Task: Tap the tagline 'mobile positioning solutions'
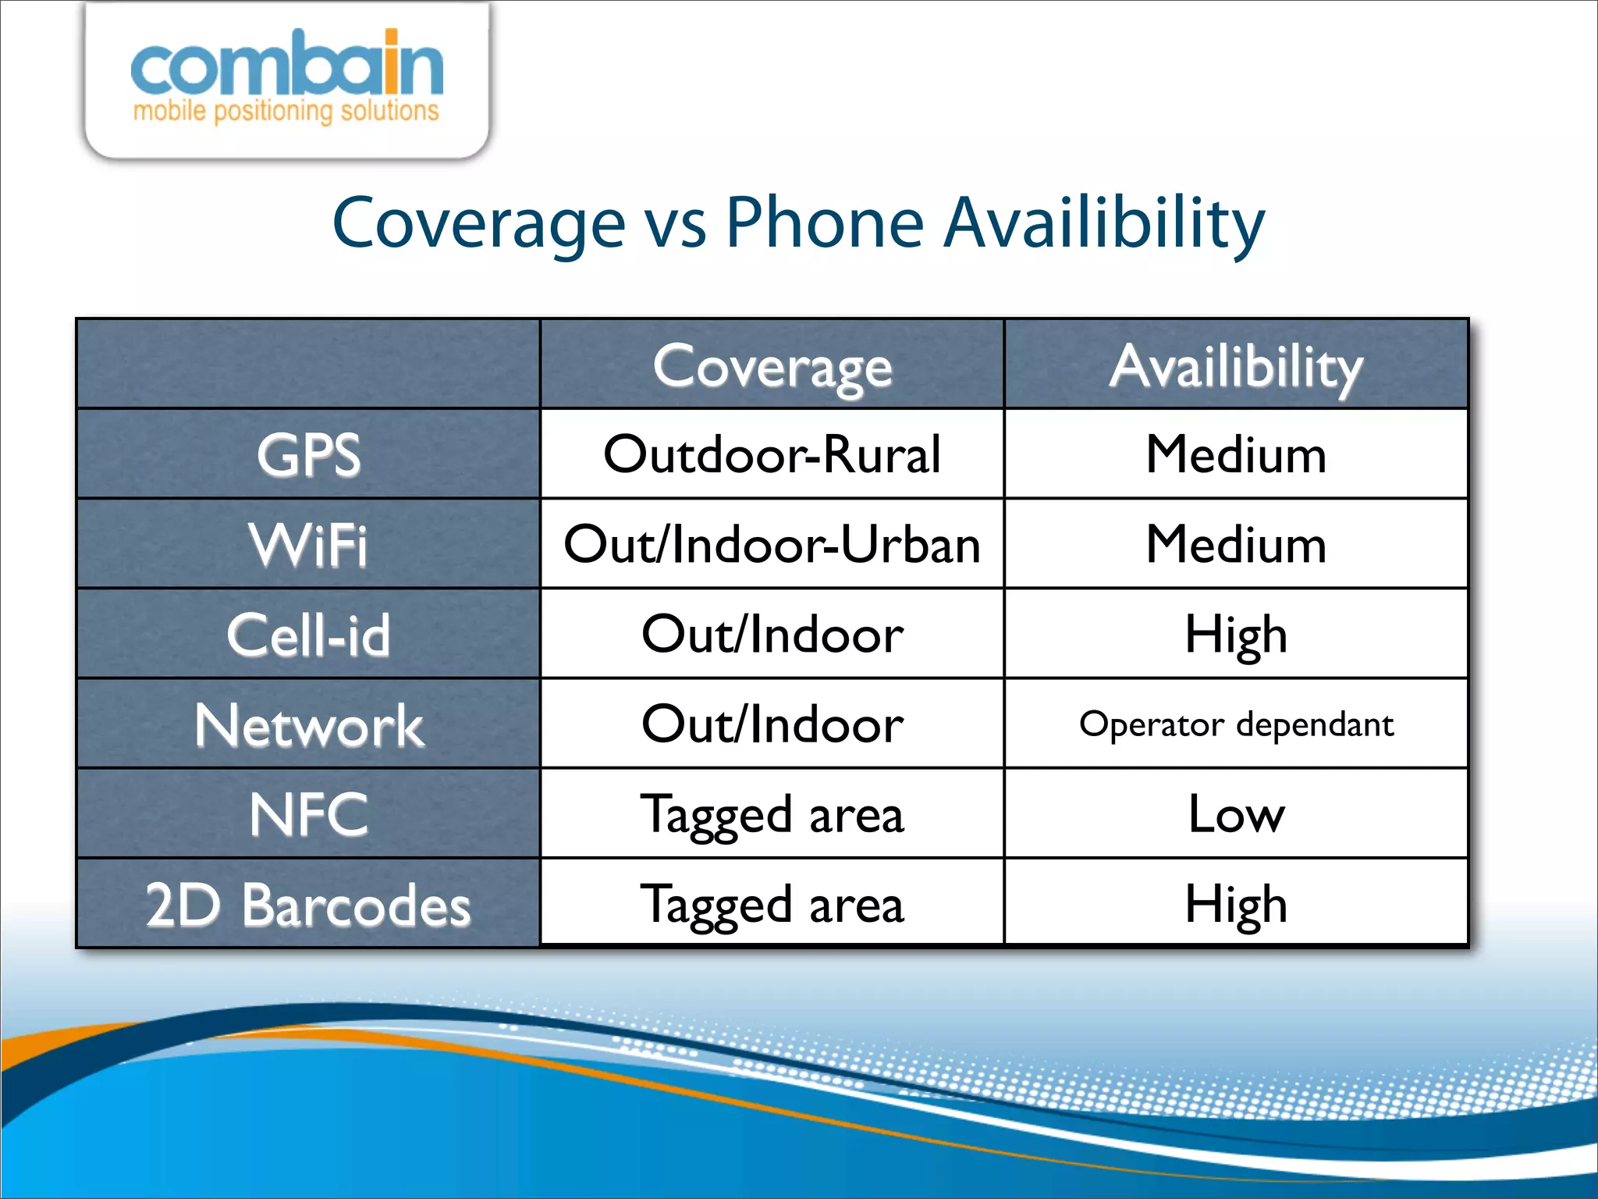pos(286,111)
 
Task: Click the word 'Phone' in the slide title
pos(825,223)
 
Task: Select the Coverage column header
pos(772,365)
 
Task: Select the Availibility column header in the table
pos(1236,365)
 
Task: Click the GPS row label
pos(309,454)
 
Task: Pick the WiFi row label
pos(309,544)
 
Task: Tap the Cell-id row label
pos(309,634)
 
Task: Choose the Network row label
pos(309,724)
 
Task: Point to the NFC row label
pos(309,814)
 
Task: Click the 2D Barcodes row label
pos(309,905)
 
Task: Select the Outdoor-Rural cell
pos(772,454)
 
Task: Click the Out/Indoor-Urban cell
pos(772,544)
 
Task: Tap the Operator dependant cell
pos(1236,724)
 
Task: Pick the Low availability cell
pos(1236,814)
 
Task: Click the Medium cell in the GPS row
pos(1236,454)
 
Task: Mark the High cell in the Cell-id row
pos(1236,634)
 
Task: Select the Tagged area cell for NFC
pos(772,814)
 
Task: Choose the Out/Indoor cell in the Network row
pos(772,724)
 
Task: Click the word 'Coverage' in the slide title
pos(478,223)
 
